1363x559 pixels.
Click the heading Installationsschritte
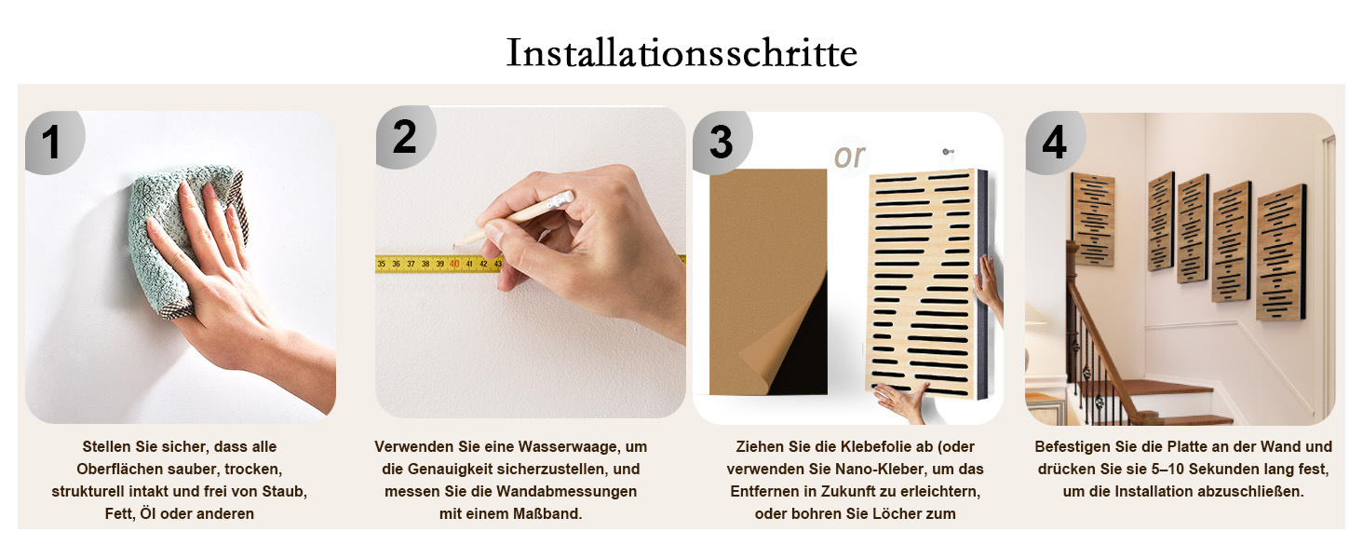(x=682, y=53)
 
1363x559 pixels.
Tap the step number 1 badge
(x=54, y=143)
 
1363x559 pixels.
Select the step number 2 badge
(x=405, y=137)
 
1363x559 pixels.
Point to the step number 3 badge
(x=722, y=143)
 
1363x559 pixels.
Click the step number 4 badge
(x=1055, y=143)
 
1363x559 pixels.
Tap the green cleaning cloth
(x=182, y=238)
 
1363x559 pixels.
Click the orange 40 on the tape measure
(x=454, y=264)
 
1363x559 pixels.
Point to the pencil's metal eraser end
(x=560, y=200)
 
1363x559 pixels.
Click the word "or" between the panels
(x=849, y=156)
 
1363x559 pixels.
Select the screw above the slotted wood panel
(x=946, y=152)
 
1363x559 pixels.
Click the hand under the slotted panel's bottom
(x=900, y=402)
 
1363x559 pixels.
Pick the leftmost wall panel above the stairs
(x=1093, y=219)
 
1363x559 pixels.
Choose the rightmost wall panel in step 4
(x=1282, y=252)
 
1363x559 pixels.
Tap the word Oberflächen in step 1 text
(x=115, y=470)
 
